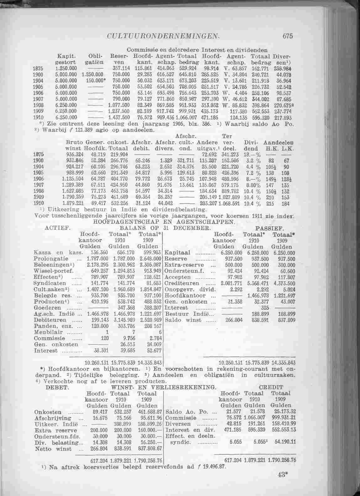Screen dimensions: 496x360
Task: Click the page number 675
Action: pos(287,36)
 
